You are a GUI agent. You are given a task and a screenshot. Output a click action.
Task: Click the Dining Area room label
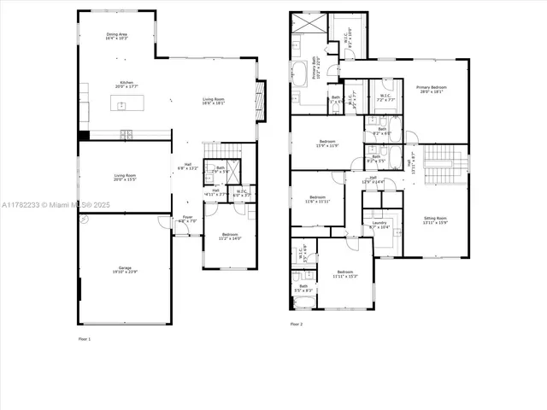pyautogui.click(x=116, y=37)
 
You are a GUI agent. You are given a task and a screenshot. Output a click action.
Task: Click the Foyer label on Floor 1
pyautogui.click(x=188, y=220)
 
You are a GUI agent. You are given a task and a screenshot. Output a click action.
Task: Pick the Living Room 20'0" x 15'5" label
pyautogui.click(x=125, y=177)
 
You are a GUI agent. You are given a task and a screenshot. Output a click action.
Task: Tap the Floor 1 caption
pyautogui.click(x=84, y=339)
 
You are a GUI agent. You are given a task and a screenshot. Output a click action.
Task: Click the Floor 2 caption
pyautogui.click(x=296, y=325)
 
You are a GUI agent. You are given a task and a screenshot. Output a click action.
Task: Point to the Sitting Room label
pyautogui.click(x=436, y=220)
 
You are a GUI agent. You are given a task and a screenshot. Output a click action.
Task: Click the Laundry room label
pyautogui.click(x=379, y=225)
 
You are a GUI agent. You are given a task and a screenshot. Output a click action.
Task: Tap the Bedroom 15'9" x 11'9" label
pyautogui.click(x=327, y=143)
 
